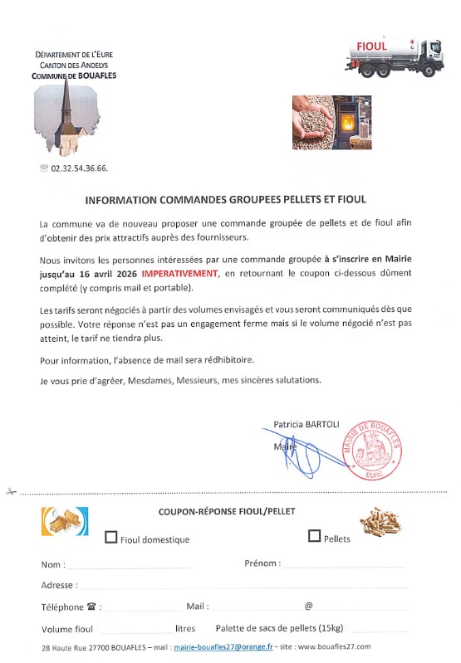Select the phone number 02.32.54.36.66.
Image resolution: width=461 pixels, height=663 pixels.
coord(80,168)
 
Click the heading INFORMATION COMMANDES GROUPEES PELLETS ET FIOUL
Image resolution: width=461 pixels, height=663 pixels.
coord(225,200)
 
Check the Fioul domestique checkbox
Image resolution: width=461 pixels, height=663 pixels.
coord(110,537)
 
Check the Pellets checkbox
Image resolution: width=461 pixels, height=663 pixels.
coord(314,536)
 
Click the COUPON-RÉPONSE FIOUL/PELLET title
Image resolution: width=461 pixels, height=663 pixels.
coord(226,512)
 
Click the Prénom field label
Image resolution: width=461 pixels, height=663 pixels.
coord(262,563)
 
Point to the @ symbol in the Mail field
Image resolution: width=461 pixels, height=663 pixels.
coord(308,607)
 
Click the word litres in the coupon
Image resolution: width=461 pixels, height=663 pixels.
coord(185,628)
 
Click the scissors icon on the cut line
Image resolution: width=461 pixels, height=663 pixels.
coord(10,491)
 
